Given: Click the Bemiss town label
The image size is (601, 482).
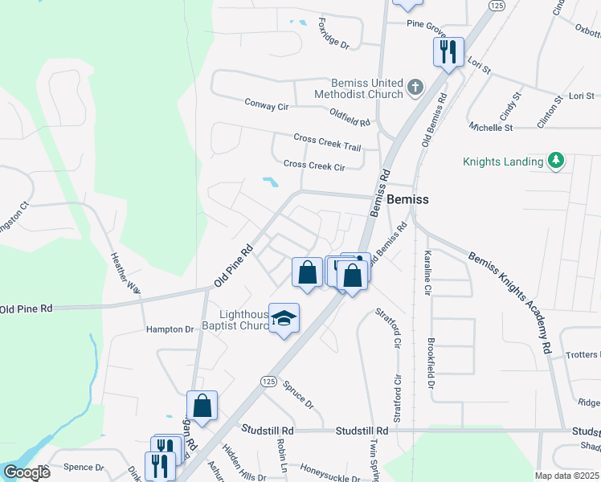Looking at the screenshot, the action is point(407,199).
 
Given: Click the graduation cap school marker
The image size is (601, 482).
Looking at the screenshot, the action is point(284,319).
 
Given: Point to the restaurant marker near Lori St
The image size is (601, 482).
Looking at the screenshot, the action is point(447,52).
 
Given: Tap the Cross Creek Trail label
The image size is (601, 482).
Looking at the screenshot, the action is point(327,142).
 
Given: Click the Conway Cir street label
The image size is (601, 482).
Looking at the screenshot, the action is point(266,104).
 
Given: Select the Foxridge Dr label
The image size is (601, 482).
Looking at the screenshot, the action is point(333,34).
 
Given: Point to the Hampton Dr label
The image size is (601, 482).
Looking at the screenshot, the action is point(170,329).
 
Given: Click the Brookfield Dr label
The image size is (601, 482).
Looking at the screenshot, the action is point(431,366).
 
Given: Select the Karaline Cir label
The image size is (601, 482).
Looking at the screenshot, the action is point(427,271).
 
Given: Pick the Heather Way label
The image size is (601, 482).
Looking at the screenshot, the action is point(125,273).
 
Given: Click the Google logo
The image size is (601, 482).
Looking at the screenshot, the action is point(27,472).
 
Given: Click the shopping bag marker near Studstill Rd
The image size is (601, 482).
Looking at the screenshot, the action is point(202,406).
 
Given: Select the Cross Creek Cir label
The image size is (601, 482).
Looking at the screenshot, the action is point(314,165).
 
